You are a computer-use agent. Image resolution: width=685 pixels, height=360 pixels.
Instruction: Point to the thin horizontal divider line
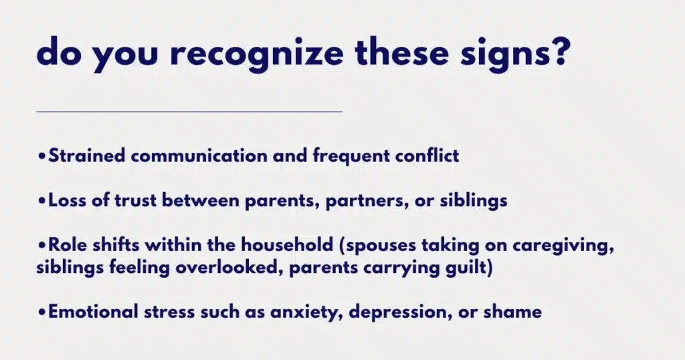tap(189, 112)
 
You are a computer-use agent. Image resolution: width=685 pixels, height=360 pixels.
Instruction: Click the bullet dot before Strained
tap(41, 156)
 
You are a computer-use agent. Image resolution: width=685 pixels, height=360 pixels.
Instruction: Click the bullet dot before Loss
tap(41, 201)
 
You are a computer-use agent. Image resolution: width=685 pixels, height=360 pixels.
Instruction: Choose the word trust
tap(135, 201)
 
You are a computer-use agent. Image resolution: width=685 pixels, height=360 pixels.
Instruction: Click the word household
tap(287, 245)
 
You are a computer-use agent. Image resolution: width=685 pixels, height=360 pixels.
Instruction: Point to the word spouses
tap(380, 246)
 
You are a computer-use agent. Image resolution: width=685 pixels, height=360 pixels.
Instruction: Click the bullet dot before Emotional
tap(41, 312)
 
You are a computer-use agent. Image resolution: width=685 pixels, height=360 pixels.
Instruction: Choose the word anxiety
tap(306, 312)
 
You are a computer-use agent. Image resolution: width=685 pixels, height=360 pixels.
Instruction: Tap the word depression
tap(400, 313)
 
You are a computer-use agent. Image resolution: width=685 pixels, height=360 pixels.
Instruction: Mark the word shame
tap(512, 312)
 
